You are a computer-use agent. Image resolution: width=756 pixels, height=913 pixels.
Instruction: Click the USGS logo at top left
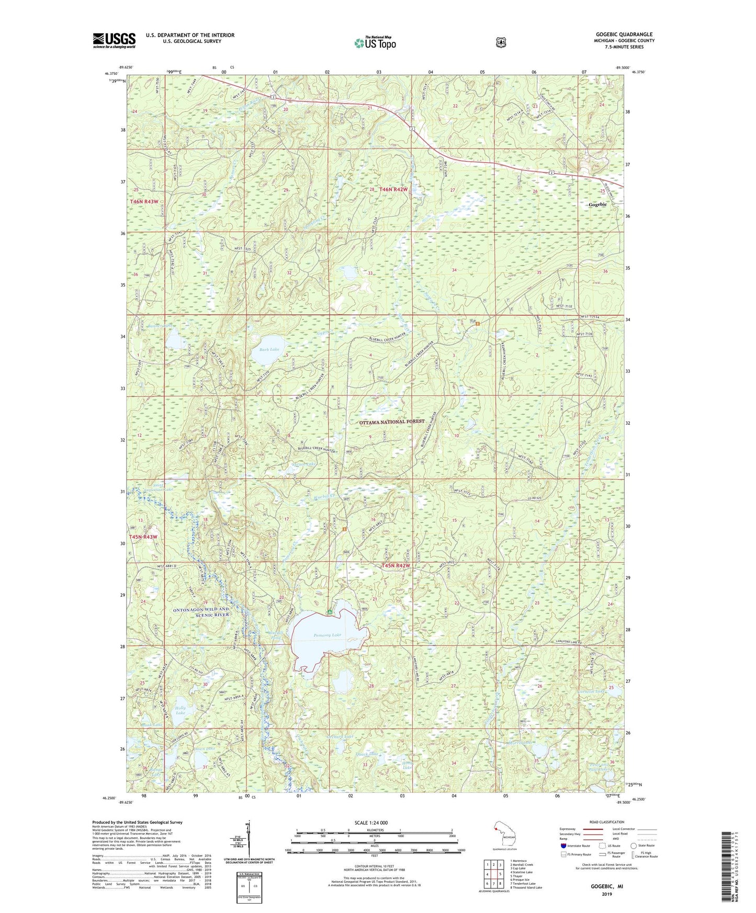[x=114, y=40]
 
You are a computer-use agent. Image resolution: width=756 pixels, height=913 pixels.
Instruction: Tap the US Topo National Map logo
[x=375, y=43]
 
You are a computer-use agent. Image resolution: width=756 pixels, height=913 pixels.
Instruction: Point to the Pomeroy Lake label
[x=327, y=635]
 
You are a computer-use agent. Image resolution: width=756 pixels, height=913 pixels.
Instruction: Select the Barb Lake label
[x=269, y=349]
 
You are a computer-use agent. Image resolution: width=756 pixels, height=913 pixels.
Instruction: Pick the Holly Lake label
[x=180, y=710]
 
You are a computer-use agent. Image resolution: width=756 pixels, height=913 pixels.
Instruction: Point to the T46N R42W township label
[x=393, y=189]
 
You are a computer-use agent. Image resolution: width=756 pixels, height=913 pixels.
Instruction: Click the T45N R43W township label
[x=140, y=537]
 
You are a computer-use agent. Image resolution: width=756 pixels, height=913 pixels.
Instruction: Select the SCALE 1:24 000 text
[x=371, y=823]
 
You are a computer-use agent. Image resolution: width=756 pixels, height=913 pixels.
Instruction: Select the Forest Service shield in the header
[x=501, y=42]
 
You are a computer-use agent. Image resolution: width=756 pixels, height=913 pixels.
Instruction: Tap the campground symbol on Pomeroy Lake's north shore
[x=330, y=611]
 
